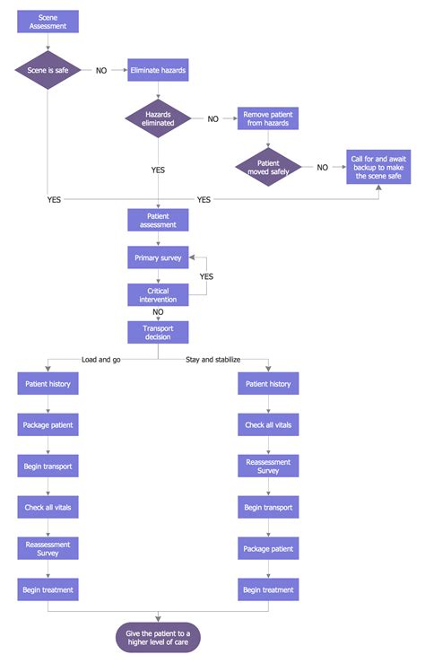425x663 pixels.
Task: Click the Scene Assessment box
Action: [x=48, y=22]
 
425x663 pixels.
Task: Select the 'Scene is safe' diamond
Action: [x=48, y=70]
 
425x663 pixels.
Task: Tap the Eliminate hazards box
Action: [x=158, y=70]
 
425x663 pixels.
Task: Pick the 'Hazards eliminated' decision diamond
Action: [x=158, y=118]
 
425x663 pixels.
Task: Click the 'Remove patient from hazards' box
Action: [x=267, y=118]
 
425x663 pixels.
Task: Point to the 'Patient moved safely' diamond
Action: [x=267, y=167]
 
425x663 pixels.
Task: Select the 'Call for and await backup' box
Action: [x=377, y=167]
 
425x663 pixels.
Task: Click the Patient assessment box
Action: [x=158, y=220]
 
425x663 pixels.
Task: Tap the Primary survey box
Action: [x=158, y=257]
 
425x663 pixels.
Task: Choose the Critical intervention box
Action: [x=158, y=294]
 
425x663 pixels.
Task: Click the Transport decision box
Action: [x=158, y=332]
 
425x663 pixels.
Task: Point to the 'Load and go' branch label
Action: [x=102, y=359]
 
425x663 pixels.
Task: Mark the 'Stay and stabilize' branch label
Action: [x=212, y=359]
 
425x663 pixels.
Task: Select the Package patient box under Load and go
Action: [x=48, y=424]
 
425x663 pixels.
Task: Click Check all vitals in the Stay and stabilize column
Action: [x=267, y=424]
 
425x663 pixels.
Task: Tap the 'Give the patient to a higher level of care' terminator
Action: [x=158, y=639]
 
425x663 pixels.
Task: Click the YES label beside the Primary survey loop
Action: [x=206, y=276]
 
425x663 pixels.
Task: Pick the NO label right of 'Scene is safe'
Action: [x=101, y=71]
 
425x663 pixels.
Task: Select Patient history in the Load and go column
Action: [x=48, y=383]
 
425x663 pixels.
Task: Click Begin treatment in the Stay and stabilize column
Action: [x=267, y=589]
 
